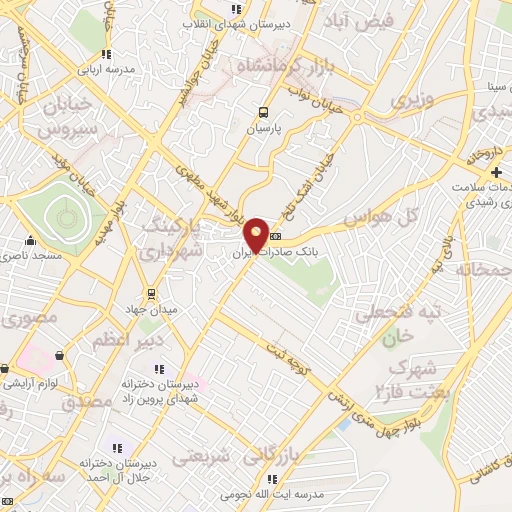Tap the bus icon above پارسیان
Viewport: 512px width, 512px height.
coord(263,113)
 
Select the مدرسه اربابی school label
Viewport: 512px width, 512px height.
coord(107,69)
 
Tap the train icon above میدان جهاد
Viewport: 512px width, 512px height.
coord(151,294)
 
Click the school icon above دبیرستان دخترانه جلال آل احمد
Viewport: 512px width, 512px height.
coord(116,447)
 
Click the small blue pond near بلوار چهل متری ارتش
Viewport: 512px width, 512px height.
coord(345,423)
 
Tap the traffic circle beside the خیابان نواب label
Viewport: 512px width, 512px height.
coord(357,117)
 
